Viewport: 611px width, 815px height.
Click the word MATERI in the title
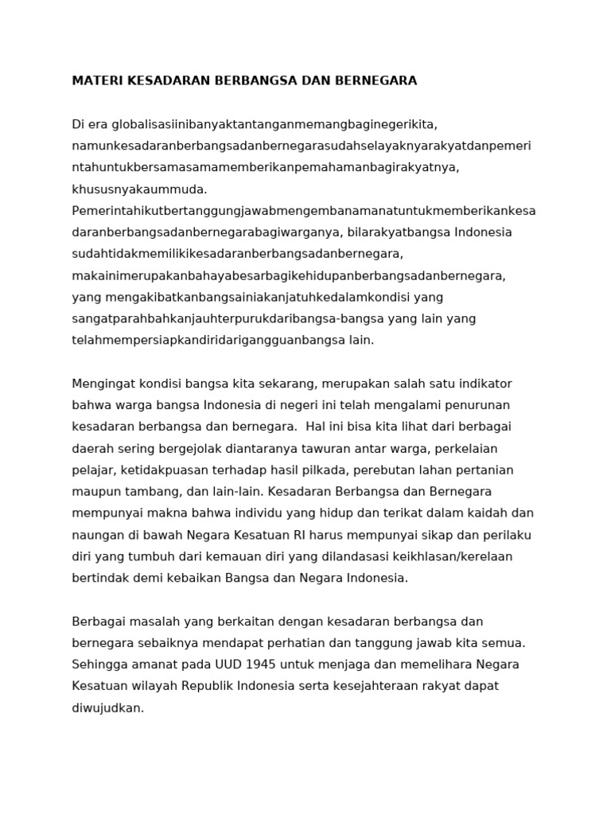(95, 81)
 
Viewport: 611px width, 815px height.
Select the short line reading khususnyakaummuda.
(139, 189)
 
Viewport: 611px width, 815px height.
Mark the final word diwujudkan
(107, 707)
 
